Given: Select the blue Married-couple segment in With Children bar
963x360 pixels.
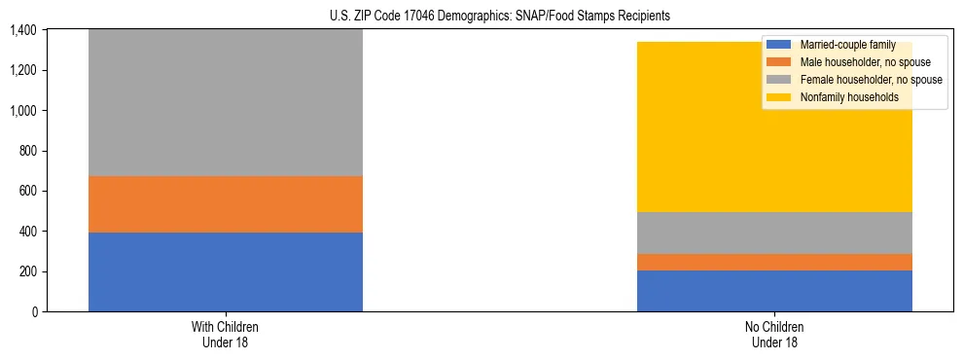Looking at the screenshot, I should (x=226, y=271).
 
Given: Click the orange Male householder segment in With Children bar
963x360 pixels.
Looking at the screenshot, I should (x=226, y=204).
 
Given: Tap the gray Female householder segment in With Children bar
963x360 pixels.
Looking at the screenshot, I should (x=226, y=102).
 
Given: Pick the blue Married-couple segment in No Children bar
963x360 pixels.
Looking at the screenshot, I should (x=774, y=291).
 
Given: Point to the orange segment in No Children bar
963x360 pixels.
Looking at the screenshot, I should (x=774, y=262).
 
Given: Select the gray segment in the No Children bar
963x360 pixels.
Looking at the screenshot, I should (x=774, y=233).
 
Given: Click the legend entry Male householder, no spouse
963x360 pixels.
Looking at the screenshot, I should (x=859, y=62).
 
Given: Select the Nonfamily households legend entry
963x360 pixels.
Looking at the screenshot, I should (x=848, y=97).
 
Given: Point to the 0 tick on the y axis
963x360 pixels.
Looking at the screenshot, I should (x=34, y=311).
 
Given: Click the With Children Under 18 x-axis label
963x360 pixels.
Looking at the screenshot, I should (x=226, y=334).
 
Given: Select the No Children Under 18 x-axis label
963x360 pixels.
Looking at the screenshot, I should (x=774, y=334).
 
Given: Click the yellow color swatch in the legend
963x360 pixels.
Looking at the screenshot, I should (x=779, y=97).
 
